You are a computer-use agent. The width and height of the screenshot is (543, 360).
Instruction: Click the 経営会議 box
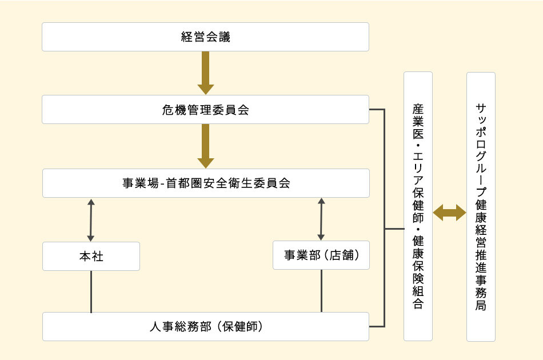[205, 37]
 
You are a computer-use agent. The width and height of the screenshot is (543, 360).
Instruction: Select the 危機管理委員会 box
[205, 110]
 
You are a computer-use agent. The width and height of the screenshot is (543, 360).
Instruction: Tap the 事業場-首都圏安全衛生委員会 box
[205, 183]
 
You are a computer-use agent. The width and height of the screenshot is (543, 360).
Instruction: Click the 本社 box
[91, 257]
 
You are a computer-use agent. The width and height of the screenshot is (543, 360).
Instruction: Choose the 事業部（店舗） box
[321, 255]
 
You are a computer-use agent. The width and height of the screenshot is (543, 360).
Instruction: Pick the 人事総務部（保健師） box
[205, 327]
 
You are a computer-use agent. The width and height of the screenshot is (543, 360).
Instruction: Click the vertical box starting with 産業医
[418, 206]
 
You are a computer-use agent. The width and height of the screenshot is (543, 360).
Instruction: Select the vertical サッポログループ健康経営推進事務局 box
[481, 206]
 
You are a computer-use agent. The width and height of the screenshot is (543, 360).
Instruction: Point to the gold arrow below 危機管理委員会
[205, 146]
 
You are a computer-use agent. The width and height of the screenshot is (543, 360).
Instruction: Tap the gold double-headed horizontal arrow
[449, 214]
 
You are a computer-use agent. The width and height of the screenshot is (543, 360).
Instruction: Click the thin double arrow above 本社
[91, 219]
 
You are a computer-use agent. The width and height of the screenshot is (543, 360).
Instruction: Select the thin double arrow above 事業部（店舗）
[321, 219]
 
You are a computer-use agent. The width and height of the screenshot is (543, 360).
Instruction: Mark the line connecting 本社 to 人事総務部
[91, 291]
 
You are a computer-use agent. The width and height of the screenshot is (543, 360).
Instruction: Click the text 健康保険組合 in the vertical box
[418, 277]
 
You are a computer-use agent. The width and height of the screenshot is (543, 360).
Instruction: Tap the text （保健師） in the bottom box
[240, 327]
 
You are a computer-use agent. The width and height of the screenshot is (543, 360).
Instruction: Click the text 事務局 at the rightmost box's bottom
[481, 297]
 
